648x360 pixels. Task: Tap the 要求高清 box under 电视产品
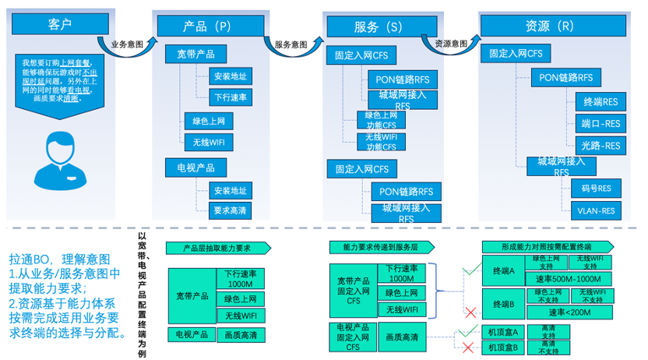231,210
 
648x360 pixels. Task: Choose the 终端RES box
600,101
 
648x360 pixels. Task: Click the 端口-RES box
600,123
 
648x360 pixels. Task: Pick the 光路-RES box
600,145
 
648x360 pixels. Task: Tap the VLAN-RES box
596,210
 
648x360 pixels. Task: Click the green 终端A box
502,270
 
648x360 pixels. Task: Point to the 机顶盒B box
502,348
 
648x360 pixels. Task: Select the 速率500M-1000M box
568,279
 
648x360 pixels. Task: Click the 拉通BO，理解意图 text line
60,259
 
